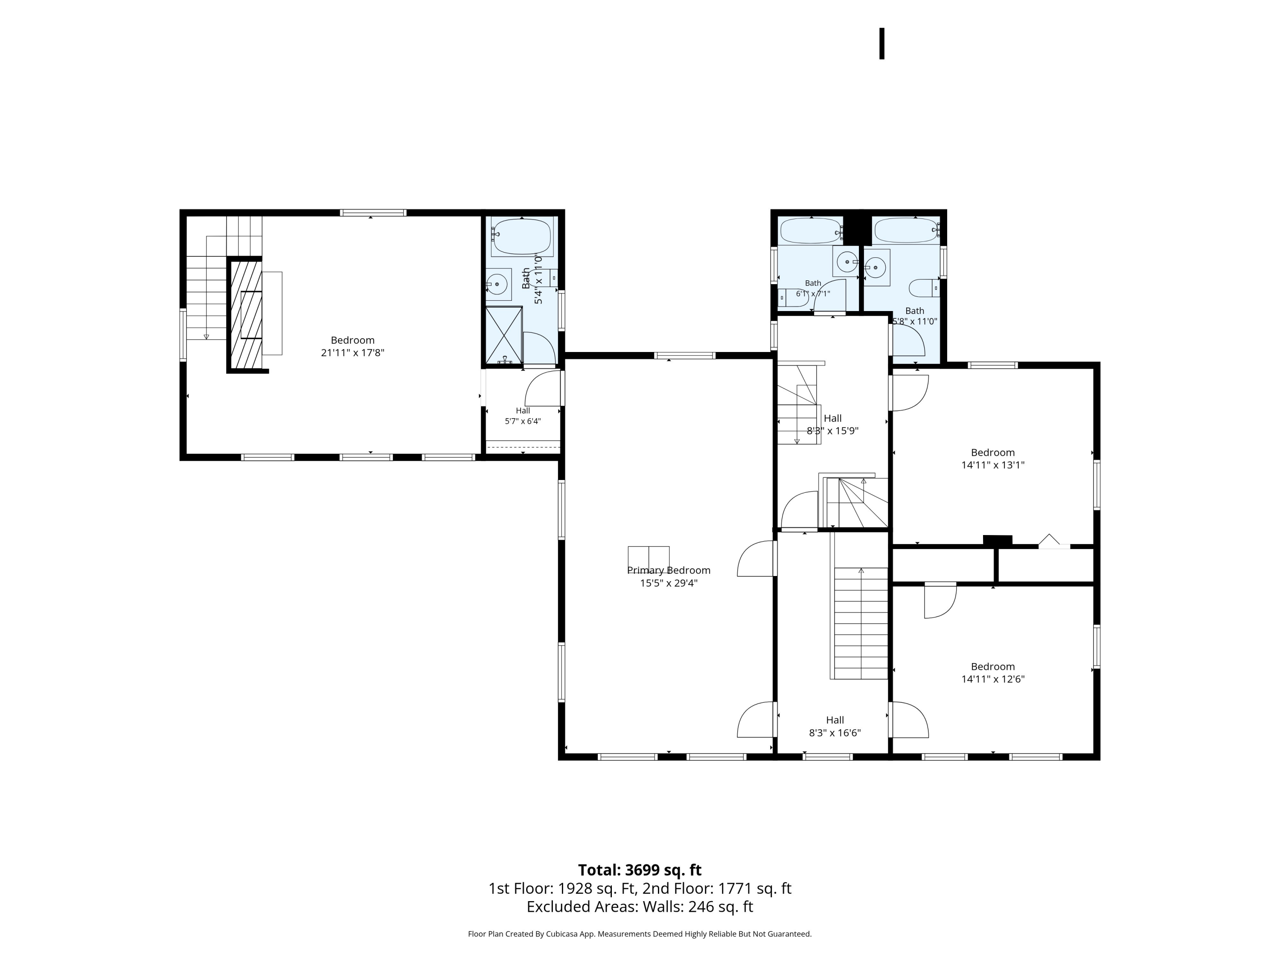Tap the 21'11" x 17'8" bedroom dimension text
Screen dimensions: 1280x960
point(352,352)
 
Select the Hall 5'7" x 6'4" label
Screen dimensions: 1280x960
point(523,416)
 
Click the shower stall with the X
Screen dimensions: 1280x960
point(503,336)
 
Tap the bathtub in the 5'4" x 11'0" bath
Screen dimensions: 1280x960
point(522,237)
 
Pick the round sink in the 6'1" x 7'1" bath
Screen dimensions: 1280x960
point(847,262)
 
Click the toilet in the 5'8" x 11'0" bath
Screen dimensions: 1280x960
point(924,288)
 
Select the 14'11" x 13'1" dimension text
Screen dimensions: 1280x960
point(993,465)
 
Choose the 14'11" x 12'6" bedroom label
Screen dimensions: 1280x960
point(993,673)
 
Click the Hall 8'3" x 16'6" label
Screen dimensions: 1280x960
point(835,726)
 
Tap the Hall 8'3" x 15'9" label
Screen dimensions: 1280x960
point(833,424)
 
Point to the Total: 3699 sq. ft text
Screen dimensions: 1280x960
point(640,870)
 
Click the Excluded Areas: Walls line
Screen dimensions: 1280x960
point(640,907)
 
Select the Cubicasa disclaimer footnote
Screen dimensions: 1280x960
point(640,934)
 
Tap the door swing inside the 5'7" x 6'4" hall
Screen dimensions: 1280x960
point(543,388)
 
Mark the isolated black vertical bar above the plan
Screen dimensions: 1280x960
point(882,44)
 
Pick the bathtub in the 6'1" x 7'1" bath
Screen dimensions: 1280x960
point(811,231)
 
